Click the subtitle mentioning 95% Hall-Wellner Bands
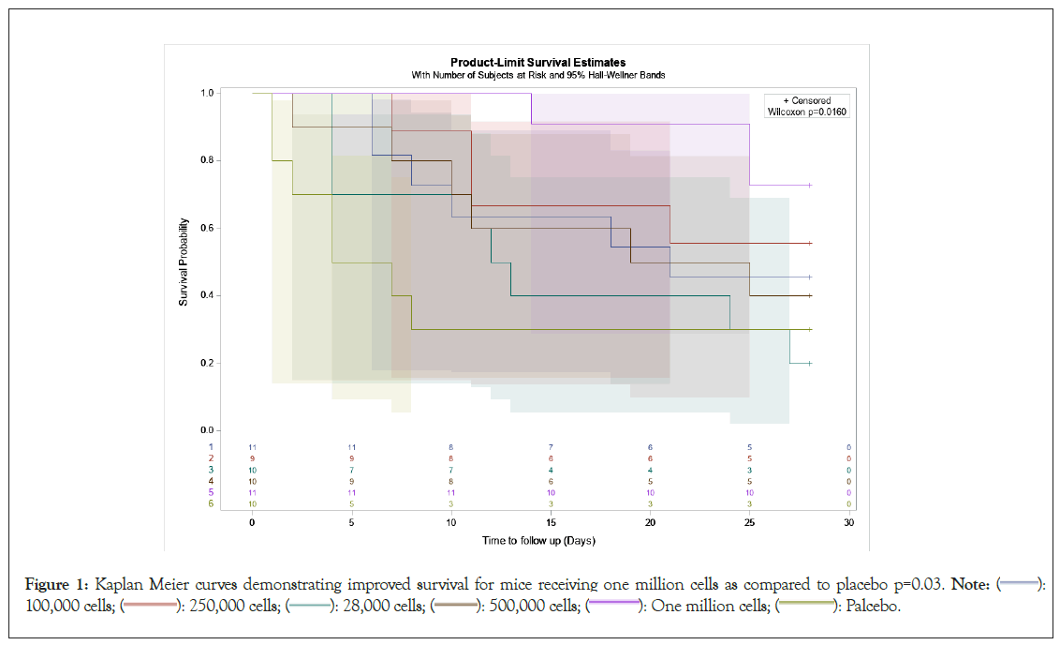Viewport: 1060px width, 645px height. (537, 75)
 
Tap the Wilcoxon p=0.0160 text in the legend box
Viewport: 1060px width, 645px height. (806, 112)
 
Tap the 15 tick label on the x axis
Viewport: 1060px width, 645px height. (551, 522)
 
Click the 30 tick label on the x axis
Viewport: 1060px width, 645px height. (848, 522)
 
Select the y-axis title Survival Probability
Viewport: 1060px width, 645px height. (184, 262)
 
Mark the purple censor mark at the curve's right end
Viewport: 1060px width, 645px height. (810, 186)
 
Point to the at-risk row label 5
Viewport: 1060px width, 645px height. (212, 492)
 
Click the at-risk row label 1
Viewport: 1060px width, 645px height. (212, 447)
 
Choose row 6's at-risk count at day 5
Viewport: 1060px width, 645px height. (351, 503)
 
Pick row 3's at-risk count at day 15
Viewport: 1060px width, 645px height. (551, 470)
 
